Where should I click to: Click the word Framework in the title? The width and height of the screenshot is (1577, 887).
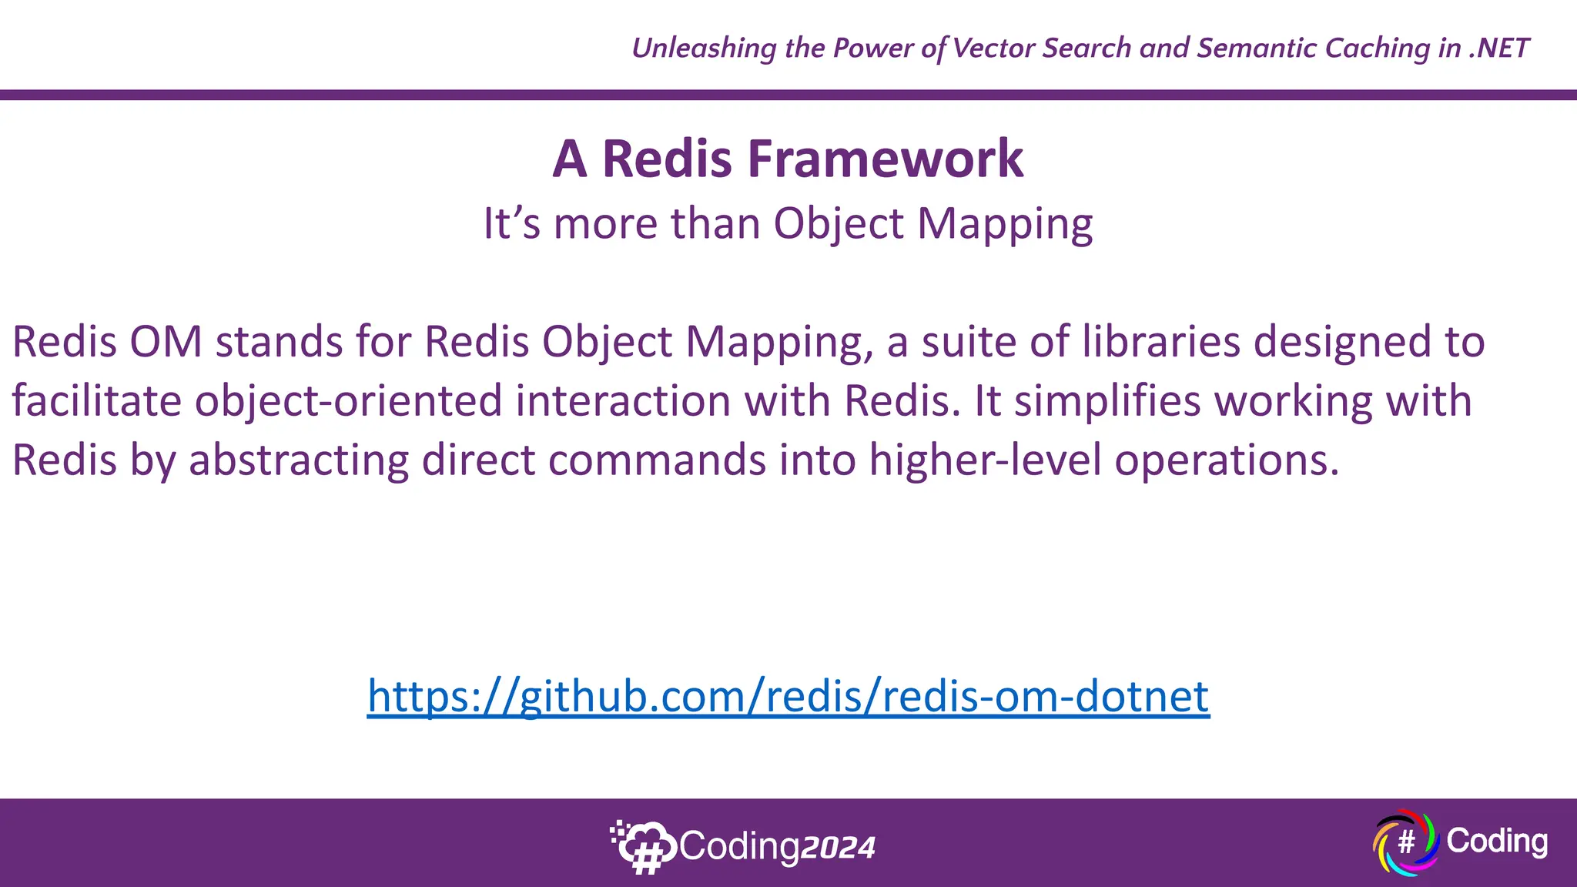tap(886, 159)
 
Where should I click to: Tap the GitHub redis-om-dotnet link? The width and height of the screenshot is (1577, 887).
tap(788, 696)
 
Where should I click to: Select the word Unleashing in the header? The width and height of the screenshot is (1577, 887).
tap(704, 49)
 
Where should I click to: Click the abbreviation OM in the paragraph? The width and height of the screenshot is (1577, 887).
tap(166, 342)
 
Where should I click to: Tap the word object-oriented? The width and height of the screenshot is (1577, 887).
tap(348, 401)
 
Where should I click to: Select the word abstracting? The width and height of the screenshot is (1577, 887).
tap(299, 460)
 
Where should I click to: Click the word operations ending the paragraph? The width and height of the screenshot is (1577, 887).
tap(1227, 460)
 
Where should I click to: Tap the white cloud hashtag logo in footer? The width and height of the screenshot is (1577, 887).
tap(643, 846)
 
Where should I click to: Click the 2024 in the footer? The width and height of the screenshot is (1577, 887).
tap(838, 848)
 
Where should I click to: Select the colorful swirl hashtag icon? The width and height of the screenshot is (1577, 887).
tap(1405, 842)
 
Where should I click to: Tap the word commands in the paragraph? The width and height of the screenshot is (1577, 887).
tap(657, 460)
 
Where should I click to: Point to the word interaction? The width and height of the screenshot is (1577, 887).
tap(622, 401)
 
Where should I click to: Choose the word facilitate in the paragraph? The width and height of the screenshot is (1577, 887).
tap(96, 401)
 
